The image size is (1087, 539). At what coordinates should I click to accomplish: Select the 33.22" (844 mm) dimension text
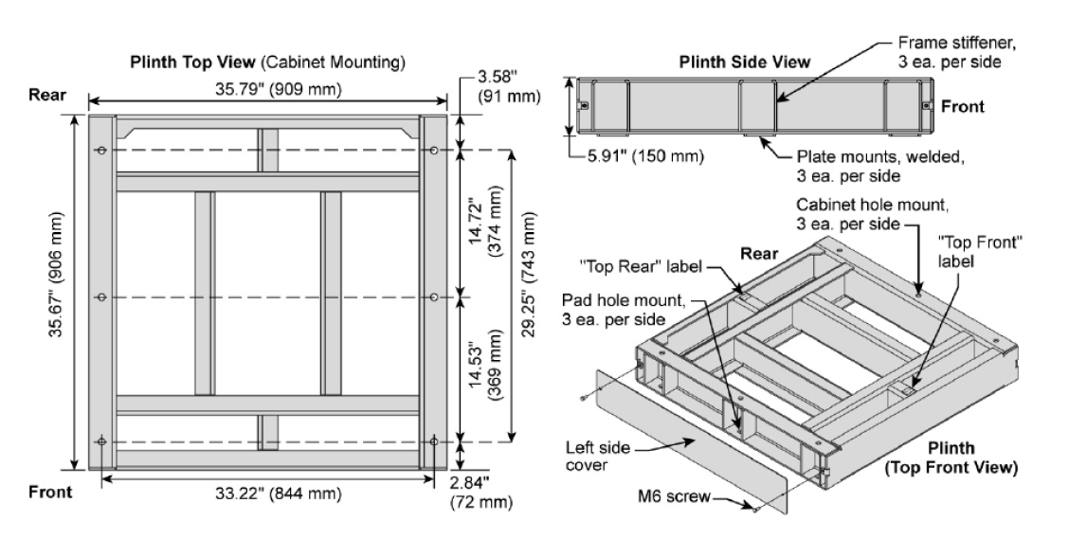click(x=262, y=494)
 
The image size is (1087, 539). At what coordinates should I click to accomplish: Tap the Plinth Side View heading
click(x=745, y=63)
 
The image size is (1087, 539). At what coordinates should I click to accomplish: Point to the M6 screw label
click(x=681, y=496)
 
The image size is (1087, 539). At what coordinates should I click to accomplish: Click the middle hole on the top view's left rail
click(x=101, y=296)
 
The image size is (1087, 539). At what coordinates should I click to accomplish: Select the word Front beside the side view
click(x=962, y=106)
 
